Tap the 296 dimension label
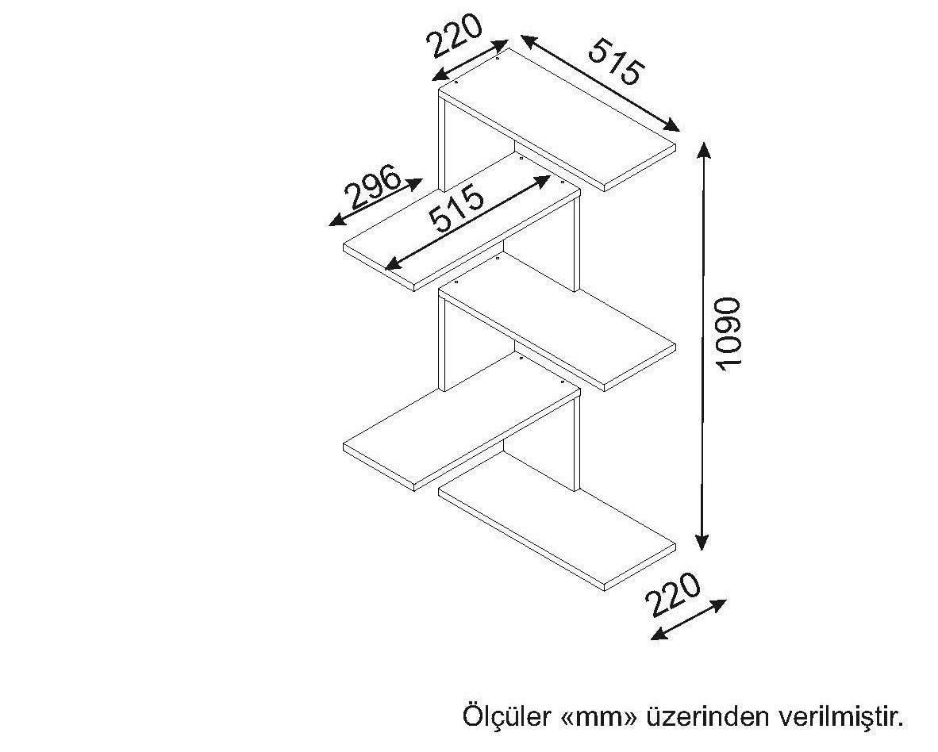coord(372,186)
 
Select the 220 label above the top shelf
coord(454,35)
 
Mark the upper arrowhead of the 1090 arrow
coord(703,152)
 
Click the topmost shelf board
coord(557,120)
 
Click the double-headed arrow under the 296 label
coord(375,202)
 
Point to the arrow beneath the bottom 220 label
coord(688,620)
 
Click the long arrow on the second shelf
coord(467,222)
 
